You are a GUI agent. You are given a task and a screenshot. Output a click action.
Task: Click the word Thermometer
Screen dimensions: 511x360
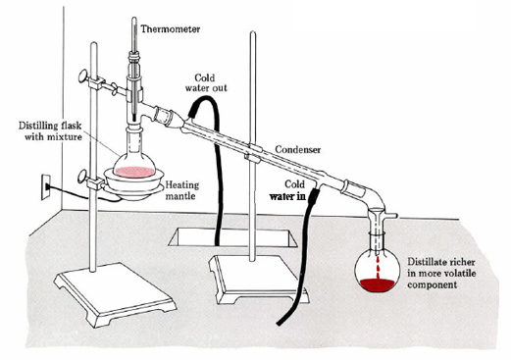click(171, 29)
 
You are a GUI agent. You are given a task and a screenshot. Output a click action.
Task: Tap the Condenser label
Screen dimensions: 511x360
click(298, 150)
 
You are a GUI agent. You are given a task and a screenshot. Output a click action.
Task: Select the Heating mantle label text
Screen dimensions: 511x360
click(181, 190)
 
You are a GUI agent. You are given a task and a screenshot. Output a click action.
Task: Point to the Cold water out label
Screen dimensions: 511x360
click(206, 82)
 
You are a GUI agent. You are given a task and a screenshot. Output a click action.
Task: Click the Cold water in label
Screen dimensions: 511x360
click(287, 190)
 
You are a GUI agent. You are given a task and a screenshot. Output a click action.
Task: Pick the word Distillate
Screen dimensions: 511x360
click(427, 262)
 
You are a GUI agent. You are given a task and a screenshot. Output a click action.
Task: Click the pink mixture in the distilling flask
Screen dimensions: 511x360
click(134, 172)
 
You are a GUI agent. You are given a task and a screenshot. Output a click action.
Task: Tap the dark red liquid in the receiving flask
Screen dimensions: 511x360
click(377, 284)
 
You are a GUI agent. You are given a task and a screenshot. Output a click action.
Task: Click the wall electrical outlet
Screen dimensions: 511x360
click(46, 187)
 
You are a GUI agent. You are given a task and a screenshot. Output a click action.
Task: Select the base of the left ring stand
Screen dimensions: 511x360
click(115, 292)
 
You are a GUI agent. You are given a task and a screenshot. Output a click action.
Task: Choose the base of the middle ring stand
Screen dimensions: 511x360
click(258, 279)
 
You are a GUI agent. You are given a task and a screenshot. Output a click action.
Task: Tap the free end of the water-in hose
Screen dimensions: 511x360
click(280, 323)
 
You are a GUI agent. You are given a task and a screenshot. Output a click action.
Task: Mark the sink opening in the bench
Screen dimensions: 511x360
click(232, 237)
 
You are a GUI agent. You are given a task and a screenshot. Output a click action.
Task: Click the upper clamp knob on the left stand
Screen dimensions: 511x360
click(82, 76)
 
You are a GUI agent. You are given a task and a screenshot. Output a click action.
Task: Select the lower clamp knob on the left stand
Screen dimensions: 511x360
click(82, 177)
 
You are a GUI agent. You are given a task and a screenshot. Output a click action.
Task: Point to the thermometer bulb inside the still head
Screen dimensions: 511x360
click(133, 117)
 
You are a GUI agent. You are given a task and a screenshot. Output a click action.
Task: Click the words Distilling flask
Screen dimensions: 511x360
click(50, 126)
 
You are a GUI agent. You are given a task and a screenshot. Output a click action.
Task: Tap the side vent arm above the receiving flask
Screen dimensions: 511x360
click(391, 216)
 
